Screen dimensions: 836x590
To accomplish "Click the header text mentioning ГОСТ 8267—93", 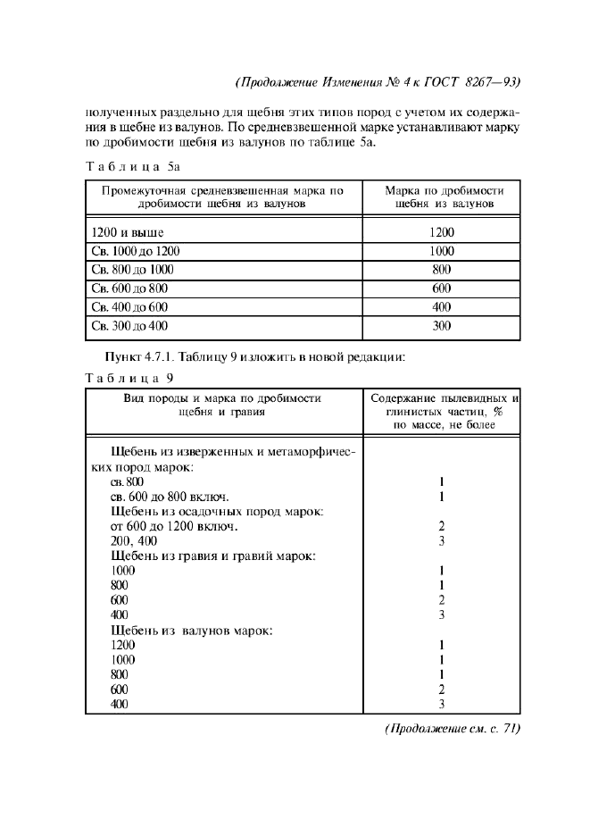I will (x=378, y=82).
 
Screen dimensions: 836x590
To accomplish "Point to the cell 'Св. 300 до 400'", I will (x=129, y=326).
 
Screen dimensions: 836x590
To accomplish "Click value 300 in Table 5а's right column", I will (x=442, y=326).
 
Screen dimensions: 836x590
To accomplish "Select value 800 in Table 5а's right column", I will (x=442, y=270).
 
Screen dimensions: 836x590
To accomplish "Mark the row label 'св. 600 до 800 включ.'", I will (x=170, y=497).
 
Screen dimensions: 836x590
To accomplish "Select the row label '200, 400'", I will (x=134, y=540).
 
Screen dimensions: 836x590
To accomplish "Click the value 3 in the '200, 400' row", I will (x=442, y=540).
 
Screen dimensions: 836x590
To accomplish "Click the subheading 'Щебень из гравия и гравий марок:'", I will (x=212, y=556).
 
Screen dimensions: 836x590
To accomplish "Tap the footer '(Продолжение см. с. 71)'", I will (x=451, y=729).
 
